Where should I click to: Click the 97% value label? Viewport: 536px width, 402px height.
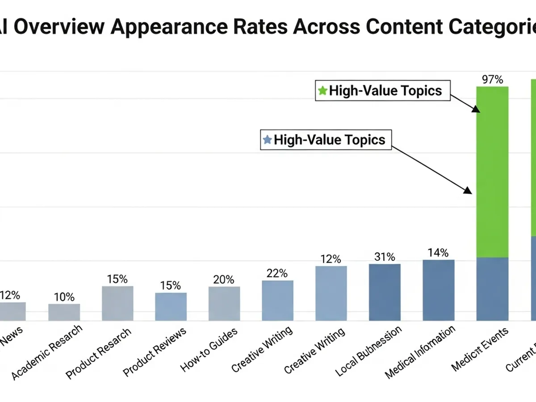point(493,80)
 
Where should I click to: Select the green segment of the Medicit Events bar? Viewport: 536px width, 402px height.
point(493,172)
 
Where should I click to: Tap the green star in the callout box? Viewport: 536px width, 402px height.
point(322,91)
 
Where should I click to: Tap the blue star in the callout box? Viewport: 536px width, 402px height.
point(268,140)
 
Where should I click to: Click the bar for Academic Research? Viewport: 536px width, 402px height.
point(64,312)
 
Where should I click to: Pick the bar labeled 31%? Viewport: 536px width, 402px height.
point(385,292)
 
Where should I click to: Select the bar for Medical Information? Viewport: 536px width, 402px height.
point(438,290)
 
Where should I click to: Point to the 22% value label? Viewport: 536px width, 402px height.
point(277,273)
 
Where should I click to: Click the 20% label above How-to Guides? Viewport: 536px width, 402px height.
point(223,280)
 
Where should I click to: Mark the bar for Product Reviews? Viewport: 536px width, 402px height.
point(171,306)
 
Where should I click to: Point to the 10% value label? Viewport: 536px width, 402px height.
point(64,297)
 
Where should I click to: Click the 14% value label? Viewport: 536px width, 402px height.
point(438,253)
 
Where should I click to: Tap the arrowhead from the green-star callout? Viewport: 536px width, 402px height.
point(476,109)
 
